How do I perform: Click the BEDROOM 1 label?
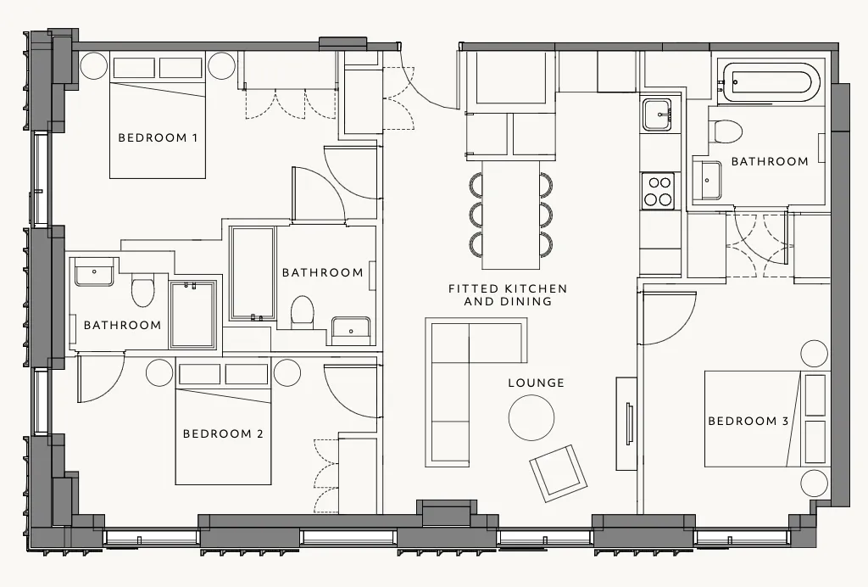tap(158, 137)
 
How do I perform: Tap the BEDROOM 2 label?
tap(223, 433)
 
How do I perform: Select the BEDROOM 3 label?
tap(748, 421)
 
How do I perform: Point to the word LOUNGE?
tap(537, 383)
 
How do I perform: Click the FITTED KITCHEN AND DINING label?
tap(508, 295)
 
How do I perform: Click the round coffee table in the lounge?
tap(531, 418)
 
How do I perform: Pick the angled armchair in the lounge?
tap(558, 472)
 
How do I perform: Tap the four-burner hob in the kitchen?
tap(658, 192)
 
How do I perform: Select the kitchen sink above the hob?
tap(657, 115)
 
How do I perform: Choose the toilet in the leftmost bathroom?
tap(142, 292)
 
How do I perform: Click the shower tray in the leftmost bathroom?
tap(192, 315)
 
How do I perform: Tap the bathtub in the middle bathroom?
tap(253, 273)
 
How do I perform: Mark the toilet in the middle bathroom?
tap(303, 312)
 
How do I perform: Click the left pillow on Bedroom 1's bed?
tap(134, 68)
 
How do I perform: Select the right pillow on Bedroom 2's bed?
tap(247, 374)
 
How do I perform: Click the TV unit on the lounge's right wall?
tap(626, 423)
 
